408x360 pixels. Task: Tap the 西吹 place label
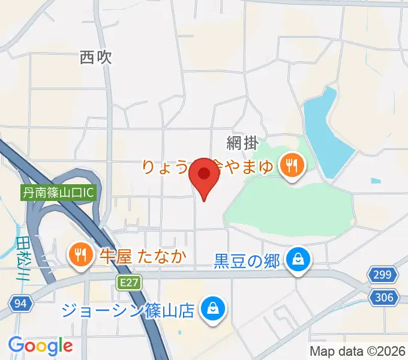point(96,58)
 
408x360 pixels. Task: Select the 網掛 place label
point(242,142)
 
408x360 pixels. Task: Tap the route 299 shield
point(383,276)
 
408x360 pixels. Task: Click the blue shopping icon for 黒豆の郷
point(297,260)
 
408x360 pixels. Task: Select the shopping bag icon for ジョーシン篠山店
point(212,310)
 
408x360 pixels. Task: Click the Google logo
point(40,346)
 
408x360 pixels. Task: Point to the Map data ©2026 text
point(357,351)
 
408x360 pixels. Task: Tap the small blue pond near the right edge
point(376,180)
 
